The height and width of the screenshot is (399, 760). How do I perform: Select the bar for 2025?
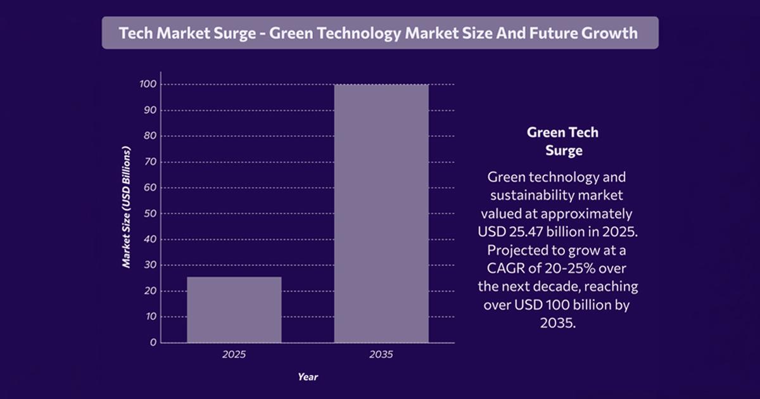pos(234,310)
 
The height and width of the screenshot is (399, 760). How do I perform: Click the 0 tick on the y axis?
pos(153,343)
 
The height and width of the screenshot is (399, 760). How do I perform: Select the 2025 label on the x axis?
pos(234,355)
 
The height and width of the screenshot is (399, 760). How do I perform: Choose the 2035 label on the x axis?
pos(381,355)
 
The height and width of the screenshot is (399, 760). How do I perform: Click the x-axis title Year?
pos(308,377)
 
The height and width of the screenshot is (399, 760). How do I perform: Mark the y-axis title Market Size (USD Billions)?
pos(127,208)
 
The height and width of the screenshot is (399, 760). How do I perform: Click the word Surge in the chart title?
pos(236,33)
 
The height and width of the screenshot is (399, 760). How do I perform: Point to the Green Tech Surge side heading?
pos(563,142)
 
